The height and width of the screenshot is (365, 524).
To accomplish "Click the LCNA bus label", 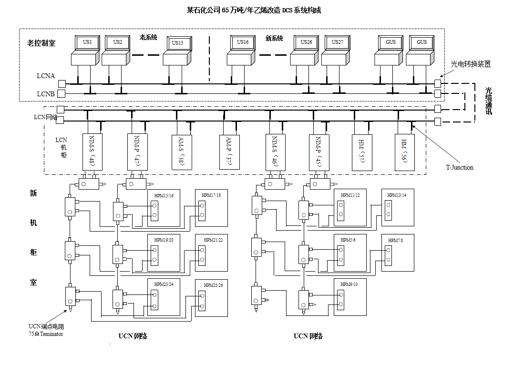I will click(x=46, y=76).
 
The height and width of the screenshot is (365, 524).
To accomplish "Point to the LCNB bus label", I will click(x=46, y=94).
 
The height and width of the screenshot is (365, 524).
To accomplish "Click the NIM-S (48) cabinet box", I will click(x=92, y=151).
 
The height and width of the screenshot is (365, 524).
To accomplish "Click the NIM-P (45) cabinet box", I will click(x=319, y=151).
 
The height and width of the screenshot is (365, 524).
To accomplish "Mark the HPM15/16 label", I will click(x=164, y=195).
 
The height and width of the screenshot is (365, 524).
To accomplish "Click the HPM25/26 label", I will click(x=213, y=285).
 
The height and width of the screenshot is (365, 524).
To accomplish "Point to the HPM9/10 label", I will click(x=349, y=284).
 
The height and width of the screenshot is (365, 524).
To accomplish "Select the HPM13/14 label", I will click(x=397, y=195).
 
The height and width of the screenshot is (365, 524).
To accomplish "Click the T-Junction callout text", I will click(x=460, y=167).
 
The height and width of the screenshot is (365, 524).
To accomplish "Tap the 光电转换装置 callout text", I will click(x=471, y=64).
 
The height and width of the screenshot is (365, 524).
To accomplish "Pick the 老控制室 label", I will click(x=41, y=43).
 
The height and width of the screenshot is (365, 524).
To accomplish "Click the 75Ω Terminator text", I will click(x=46, y=334).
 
